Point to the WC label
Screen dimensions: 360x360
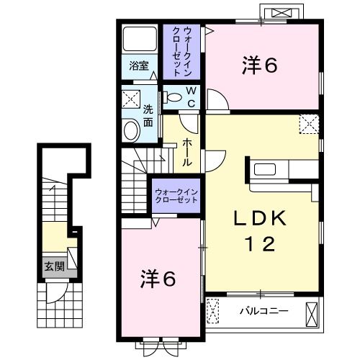[192, 98]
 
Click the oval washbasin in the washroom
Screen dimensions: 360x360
[131, 130]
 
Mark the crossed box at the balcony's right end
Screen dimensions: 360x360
[312, 313]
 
